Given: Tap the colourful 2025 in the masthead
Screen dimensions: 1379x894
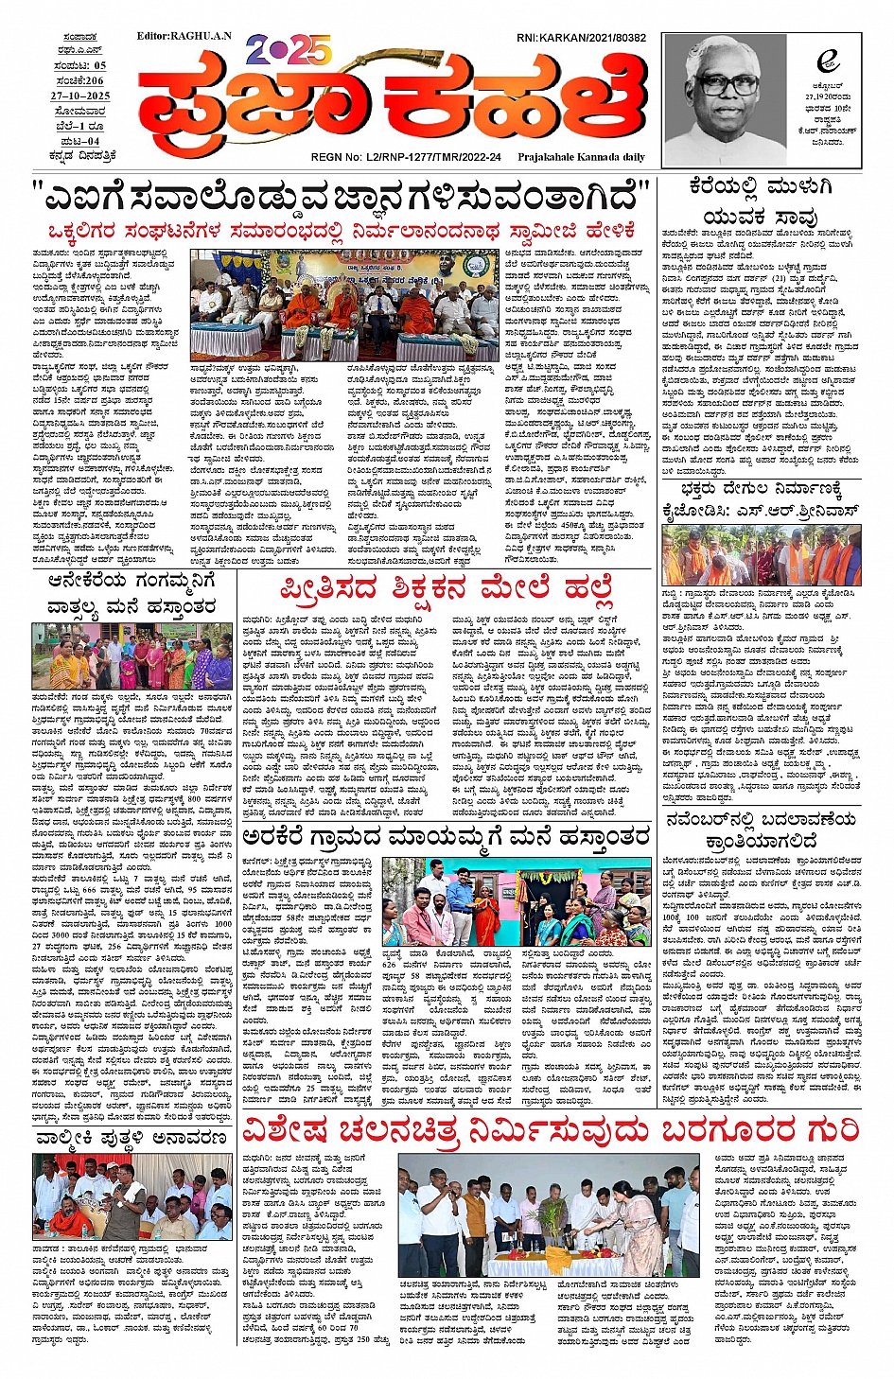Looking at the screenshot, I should pos(289,49).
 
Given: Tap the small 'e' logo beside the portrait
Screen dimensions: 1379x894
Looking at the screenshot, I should pos(828,61).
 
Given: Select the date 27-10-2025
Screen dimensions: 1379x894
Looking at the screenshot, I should pos(80,96).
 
